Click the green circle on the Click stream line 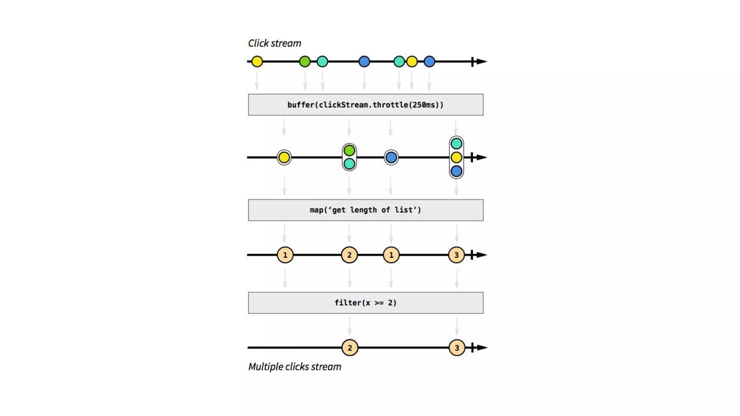tap(305, 61)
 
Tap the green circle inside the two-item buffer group tap(349, 150)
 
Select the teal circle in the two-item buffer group tap(349, 164)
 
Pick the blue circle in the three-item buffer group tap(456, 171)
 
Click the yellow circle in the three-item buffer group tap(456, 157)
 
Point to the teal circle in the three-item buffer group tap(456, 144)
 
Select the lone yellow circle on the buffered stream tap(284, 157)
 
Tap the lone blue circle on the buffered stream tap(391, 157)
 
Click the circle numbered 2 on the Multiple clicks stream tap(349, 348)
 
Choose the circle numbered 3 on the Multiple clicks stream tap(457, 348)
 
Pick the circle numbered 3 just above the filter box tap(456, 255)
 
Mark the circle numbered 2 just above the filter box tap(349, 255)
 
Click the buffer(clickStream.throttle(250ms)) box tap(365, 105)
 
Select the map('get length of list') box tap(365, 210)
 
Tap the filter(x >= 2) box tap(365, 303)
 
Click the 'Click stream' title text tap(274, 43)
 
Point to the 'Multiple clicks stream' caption tap(294, 367)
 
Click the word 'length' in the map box tap(363, 210)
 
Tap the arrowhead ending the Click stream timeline tap(482, 61)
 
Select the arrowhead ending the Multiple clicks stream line tap(482, 348)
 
